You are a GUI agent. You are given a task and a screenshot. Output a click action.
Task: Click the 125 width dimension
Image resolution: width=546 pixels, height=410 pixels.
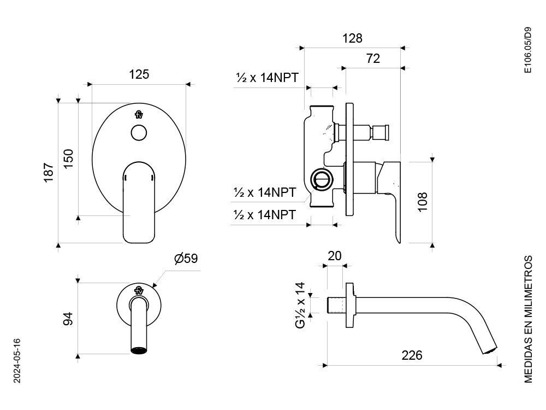[139, 74]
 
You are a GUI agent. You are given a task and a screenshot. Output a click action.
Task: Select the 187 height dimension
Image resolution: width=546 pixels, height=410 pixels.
[49, 172]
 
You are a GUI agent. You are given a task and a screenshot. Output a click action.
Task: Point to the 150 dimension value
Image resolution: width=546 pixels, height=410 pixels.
[69, 159]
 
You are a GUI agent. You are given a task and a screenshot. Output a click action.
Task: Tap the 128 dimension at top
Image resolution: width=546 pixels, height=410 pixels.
[352, 38]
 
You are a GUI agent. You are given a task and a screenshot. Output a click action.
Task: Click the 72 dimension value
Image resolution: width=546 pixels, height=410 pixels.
[373, 58]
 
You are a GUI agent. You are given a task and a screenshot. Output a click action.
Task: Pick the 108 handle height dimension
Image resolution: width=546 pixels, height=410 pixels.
[423, 202]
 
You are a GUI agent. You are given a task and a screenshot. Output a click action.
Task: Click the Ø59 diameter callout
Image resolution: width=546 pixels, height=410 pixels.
[186, 259]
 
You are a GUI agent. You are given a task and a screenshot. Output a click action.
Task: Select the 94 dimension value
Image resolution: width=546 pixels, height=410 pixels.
[68, 319]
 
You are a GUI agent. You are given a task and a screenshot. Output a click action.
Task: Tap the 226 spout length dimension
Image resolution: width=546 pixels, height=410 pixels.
[412, 355]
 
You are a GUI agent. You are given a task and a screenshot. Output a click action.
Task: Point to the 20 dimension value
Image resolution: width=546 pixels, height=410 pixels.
[335, 256]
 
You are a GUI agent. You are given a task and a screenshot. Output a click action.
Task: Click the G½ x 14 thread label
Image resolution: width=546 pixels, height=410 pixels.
[300, 306]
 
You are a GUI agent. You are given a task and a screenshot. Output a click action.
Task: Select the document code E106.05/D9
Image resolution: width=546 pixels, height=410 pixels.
[528, 50]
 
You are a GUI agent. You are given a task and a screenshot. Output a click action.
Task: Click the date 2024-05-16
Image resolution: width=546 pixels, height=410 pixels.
[17, 361]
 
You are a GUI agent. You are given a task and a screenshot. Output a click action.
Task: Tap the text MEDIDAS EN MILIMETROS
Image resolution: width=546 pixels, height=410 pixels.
[528, 319]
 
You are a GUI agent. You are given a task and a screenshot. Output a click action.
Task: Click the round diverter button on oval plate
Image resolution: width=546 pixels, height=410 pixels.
[139, 133]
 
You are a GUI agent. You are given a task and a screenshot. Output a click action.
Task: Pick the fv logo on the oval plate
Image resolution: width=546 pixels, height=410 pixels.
[139, 115]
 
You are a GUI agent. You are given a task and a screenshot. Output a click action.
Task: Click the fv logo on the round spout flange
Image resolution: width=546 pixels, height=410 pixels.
[139, 290]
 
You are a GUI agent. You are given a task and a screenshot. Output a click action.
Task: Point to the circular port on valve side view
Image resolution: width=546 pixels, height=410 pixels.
[322, 180]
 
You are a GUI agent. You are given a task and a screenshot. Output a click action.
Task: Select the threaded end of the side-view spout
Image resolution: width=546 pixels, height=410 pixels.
[336, 306]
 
